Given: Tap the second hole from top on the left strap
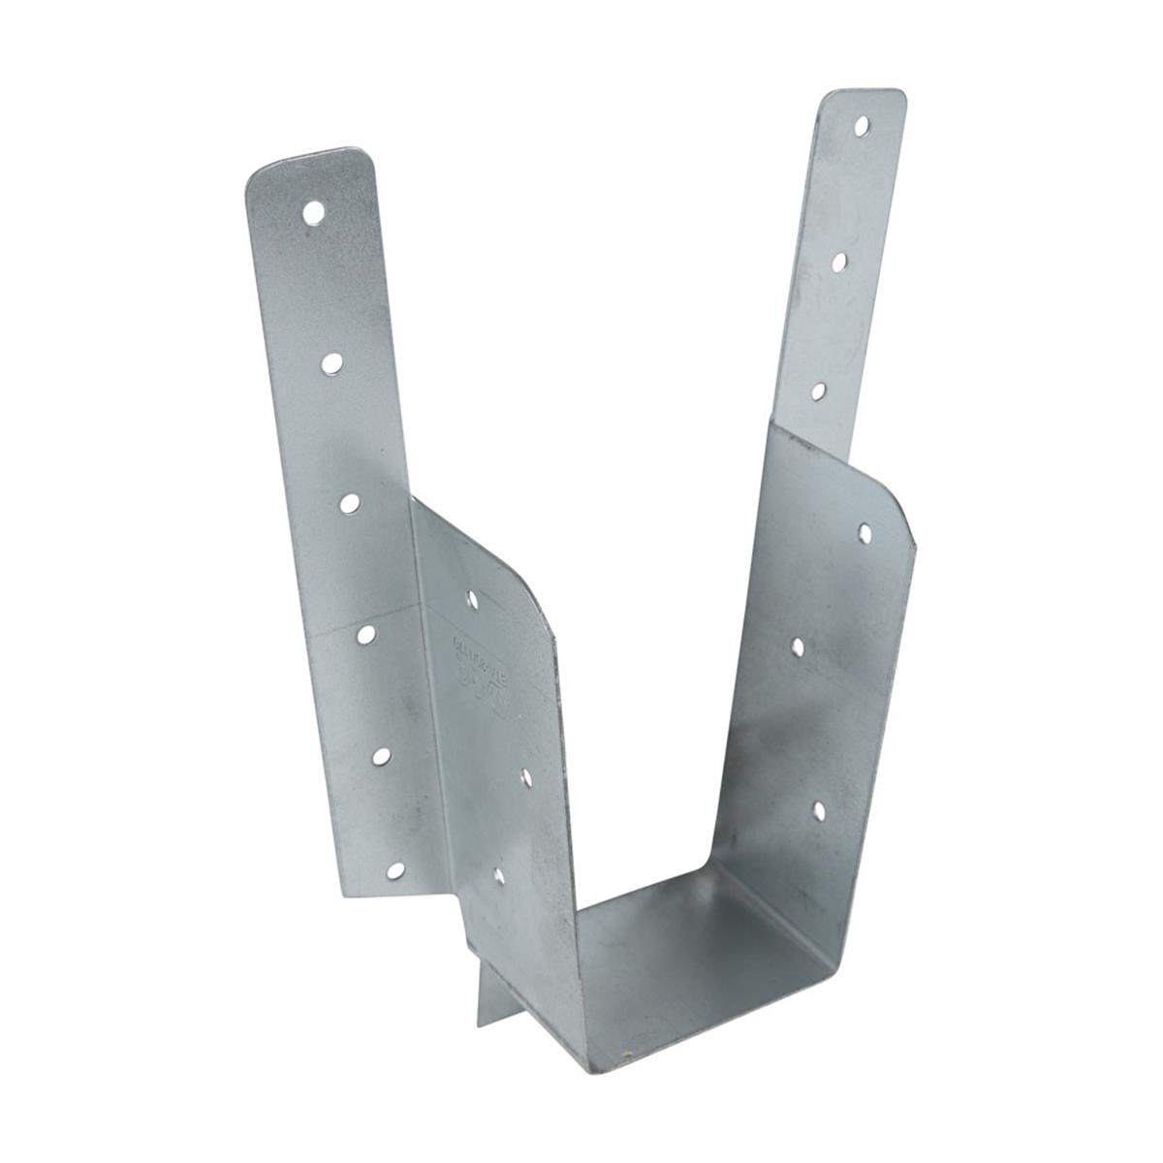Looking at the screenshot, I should pyautogui.click(x=332, y=362).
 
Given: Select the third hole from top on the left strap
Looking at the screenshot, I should pyautogui.click(x=350, y=502).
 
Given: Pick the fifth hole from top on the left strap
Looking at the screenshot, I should pyautogui.click(x=380, y=757).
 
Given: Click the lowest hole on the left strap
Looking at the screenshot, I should pyautogui.click(x=395, y=870).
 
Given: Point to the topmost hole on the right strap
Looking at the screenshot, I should pyautogui.click(x=862, y=124).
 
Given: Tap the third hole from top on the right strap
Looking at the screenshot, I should pyautogui.click(x=818, y=391).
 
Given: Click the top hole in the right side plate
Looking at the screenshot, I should pyautogui.click(x=864, y=530).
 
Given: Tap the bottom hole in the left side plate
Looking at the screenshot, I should pyautogui.click(x=498, y=877).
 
